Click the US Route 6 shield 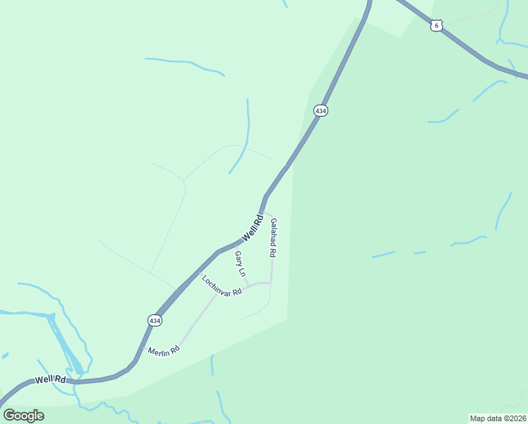click(437, 25)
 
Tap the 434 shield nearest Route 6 click(320, 111)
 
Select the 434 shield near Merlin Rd click(155, 321)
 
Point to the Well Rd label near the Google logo click(51, 379)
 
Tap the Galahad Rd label click(272, 237)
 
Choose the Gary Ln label click(240, 263)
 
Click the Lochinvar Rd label click(222, 285)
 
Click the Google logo click(23, 415)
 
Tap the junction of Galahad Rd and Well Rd click(262, 212)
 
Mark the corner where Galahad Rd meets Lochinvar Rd click(271, 283)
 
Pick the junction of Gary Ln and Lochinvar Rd click(247, 286)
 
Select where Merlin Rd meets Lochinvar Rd click(217, 295)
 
